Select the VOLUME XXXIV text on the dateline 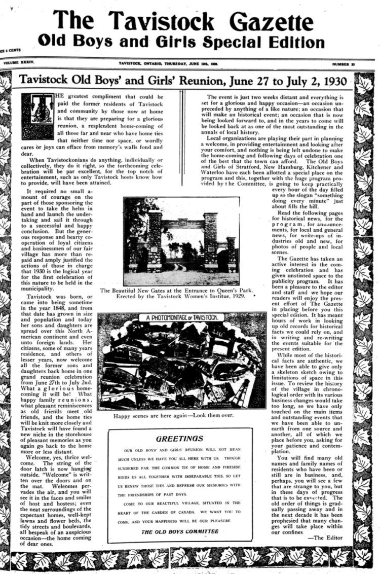(19, 64)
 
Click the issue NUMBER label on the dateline (343, 64)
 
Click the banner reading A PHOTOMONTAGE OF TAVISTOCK (181, 318)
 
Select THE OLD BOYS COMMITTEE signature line (180, 531)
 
